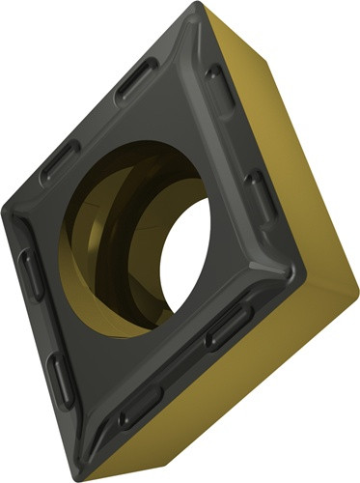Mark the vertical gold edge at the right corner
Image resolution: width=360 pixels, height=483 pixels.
point(348,290)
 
